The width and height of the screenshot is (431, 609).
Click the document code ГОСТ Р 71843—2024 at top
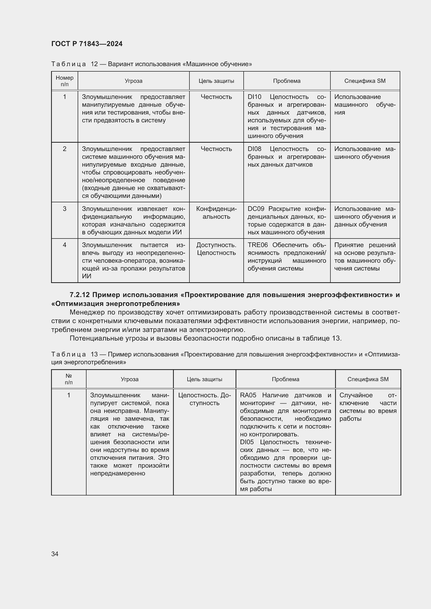click(x=87, y=44)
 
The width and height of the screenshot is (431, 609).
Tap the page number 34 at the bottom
click(x=55, y=554)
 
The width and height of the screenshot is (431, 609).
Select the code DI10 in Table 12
click(x=254, y=97)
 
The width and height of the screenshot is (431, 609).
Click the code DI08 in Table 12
click(x=254, y=149)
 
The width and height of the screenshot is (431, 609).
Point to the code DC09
click(x=256, y=209)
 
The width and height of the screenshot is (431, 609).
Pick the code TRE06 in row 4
click(x=258, y=245)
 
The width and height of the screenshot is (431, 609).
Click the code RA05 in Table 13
click(x=248, y=395)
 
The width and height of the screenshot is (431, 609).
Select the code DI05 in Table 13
click(x=247, y=442)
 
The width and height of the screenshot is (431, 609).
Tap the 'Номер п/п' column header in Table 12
click(x=64, y=81)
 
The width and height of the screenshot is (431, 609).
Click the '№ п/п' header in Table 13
click(x=69, y=379)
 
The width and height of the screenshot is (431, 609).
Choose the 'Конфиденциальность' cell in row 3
click(x=216, y=213)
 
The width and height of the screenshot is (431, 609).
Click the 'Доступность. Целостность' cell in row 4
click(x=216, y=249)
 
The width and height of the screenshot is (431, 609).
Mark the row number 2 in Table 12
click(x=64, y=149)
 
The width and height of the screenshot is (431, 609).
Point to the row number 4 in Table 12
click(x=64, y=245)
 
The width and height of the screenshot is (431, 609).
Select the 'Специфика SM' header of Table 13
click(x=368, y=379)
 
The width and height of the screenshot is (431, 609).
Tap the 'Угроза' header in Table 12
click(x=133, y=81)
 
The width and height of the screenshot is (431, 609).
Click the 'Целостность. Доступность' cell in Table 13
click(x=204, y=399)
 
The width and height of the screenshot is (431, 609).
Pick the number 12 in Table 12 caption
click(x=95, y=64)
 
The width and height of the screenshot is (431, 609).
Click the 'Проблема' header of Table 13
click(x=285, y=379)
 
